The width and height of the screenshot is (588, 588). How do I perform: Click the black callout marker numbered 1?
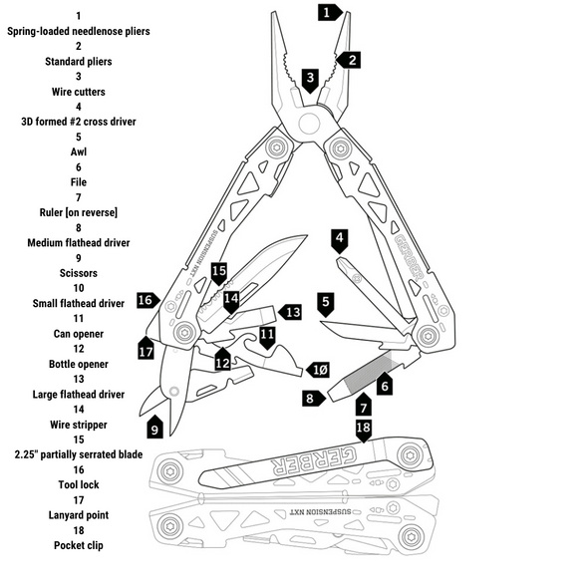(x=330, y=12)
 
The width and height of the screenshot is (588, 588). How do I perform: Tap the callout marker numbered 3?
(x=310, y=80)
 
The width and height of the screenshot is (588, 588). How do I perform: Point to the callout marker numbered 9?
(x=154, y=428)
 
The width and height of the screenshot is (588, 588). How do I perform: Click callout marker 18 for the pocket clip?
(x=364, y=430)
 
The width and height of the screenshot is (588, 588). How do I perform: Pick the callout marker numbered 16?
(x=147, y=300)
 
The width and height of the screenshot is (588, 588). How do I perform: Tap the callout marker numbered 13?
(x=290, y=312)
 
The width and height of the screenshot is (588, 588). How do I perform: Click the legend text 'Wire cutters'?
(x=79, y=92)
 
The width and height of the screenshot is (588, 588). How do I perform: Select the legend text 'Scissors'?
(x=79, y=273)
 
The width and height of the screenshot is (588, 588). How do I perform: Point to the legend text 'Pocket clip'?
(x=79, y=545)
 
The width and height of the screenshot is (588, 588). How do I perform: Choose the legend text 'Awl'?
(x=79, y=151)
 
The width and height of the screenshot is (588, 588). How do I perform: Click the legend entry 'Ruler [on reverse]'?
(x=79, y=212)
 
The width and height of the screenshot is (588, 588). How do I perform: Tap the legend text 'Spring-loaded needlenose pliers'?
(x=79, y=31)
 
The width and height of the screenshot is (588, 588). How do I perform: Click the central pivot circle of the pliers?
(x=309, y=123)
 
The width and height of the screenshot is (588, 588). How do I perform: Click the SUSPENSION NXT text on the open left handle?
(x=203, y=253)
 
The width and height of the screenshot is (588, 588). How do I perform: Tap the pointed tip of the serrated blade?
(x=307, y=235)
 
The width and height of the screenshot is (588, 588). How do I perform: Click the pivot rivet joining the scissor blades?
(x=173, y=391)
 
